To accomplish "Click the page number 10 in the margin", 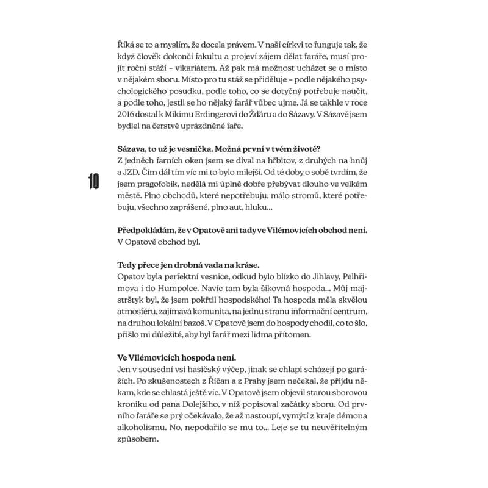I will pyautogui.click(x=94, y=181).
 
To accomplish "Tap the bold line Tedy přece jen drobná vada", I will pyautogui.click(x=188, y=264).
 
